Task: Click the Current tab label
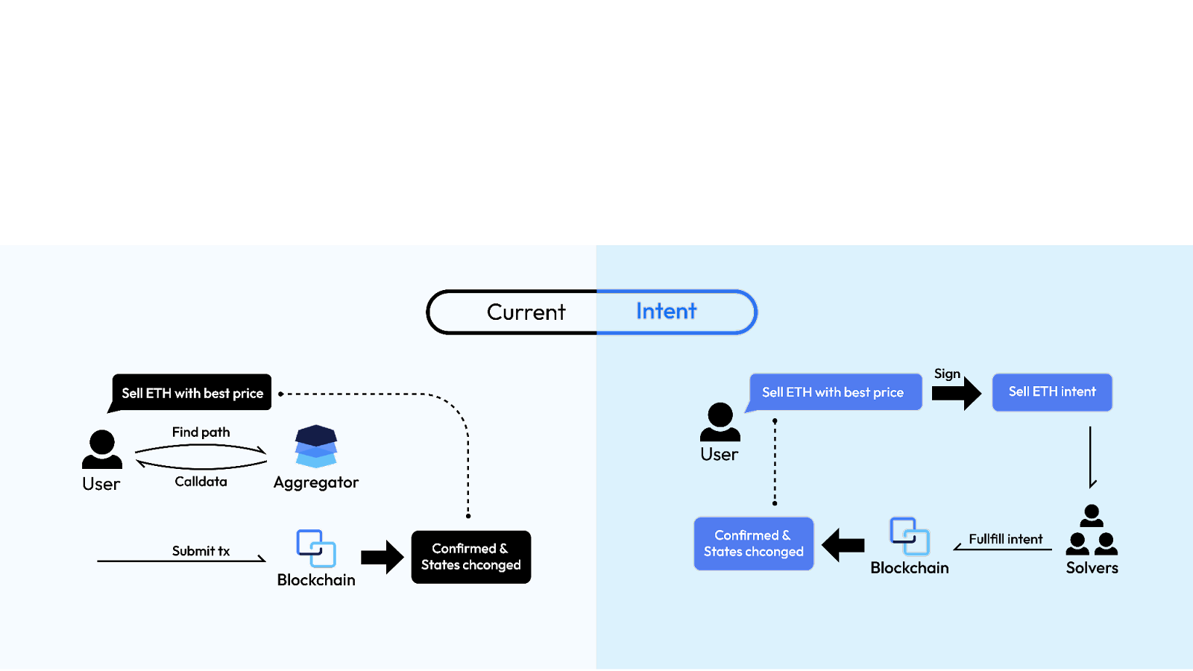[526, 312]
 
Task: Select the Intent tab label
[666, 312]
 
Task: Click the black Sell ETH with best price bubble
[192, 393]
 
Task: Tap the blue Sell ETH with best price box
[833, 392]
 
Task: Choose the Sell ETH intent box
[1052, 392]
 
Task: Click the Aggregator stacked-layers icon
[316, 446]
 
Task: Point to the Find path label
[201, 432]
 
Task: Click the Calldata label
[201, 482]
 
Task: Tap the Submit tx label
[201, 551]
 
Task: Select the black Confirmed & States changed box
[471, 557]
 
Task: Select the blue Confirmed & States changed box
[754, 544]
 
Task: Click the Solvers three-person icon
[1092, 530]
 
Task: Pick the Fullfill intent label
[1005, 539]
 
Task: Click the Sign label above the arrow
[947, 374]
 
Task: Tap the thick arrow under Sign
[957, 393]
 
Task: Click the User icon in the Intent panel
[720, 423]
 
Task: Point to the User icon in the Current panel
[101, 450]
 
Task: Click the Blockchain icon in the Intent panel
[909, 536]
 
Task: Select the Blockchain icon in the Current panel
[316, 549]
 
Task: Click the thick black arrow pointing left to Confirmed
[843, 545]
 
